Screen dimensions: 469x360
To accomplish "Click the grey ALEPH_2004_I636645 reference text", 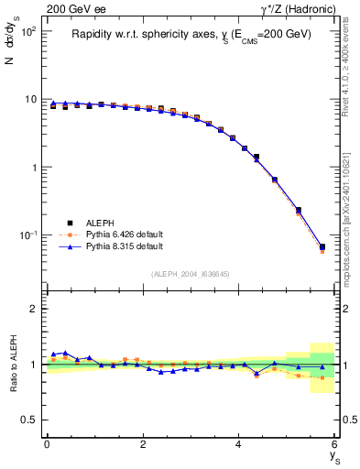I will point(190,275).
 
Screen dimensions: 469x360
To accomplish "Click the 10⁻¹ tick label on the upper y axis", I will point(27,235).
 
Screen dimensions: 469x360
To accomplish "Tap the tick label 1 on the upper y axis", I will point(34,168).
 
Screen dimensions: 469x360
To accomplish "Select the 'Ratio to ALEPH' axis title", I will point(12,364).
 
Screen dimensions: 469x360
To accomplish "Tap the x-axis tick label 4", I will point(239,444).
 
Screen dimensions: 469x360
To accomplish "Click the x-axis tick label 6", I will point(335,444).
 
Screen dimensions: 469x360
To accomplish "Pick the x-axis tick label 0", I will point(47,444).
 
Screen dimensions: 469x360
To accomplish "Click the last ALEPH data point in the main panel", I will point(322,246).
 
